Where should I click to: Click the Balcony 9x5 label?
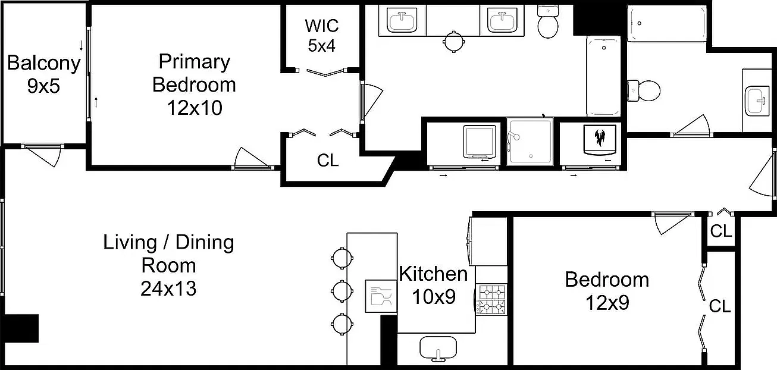(43, 74)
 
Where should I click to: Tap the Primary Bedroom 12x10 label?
(194, 84)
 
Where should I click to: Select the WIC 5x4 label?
(321, 36)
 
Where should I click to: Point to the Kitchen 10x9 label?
(434, 285)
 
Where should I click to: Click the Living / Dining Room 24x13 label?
(168, 265)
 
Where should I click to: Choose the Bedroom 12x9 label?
(607, 291)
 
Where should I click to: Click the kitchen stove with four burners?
(491, 300)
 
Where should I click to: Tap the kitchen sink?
(438, 348)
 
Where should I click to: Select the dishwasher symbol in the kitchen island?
(381, 296)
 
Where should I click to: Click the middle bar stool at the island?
(342, 291)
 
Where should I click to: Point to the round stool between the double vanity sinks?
(454, 42)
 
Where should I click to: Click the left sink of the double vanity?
(402, 21)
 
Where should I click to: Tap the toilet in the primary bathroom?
(548, 21)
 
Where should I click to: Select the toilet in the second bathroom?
(644, 91)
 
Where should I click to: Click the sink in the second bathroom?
(756, 101)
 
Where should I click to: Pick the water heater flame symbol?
(599, 137)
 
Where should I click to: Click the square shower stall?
(530, 142)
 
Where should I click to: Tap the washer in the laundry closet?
(480, 142)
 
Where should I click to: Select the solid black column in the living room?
(21, 328)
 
